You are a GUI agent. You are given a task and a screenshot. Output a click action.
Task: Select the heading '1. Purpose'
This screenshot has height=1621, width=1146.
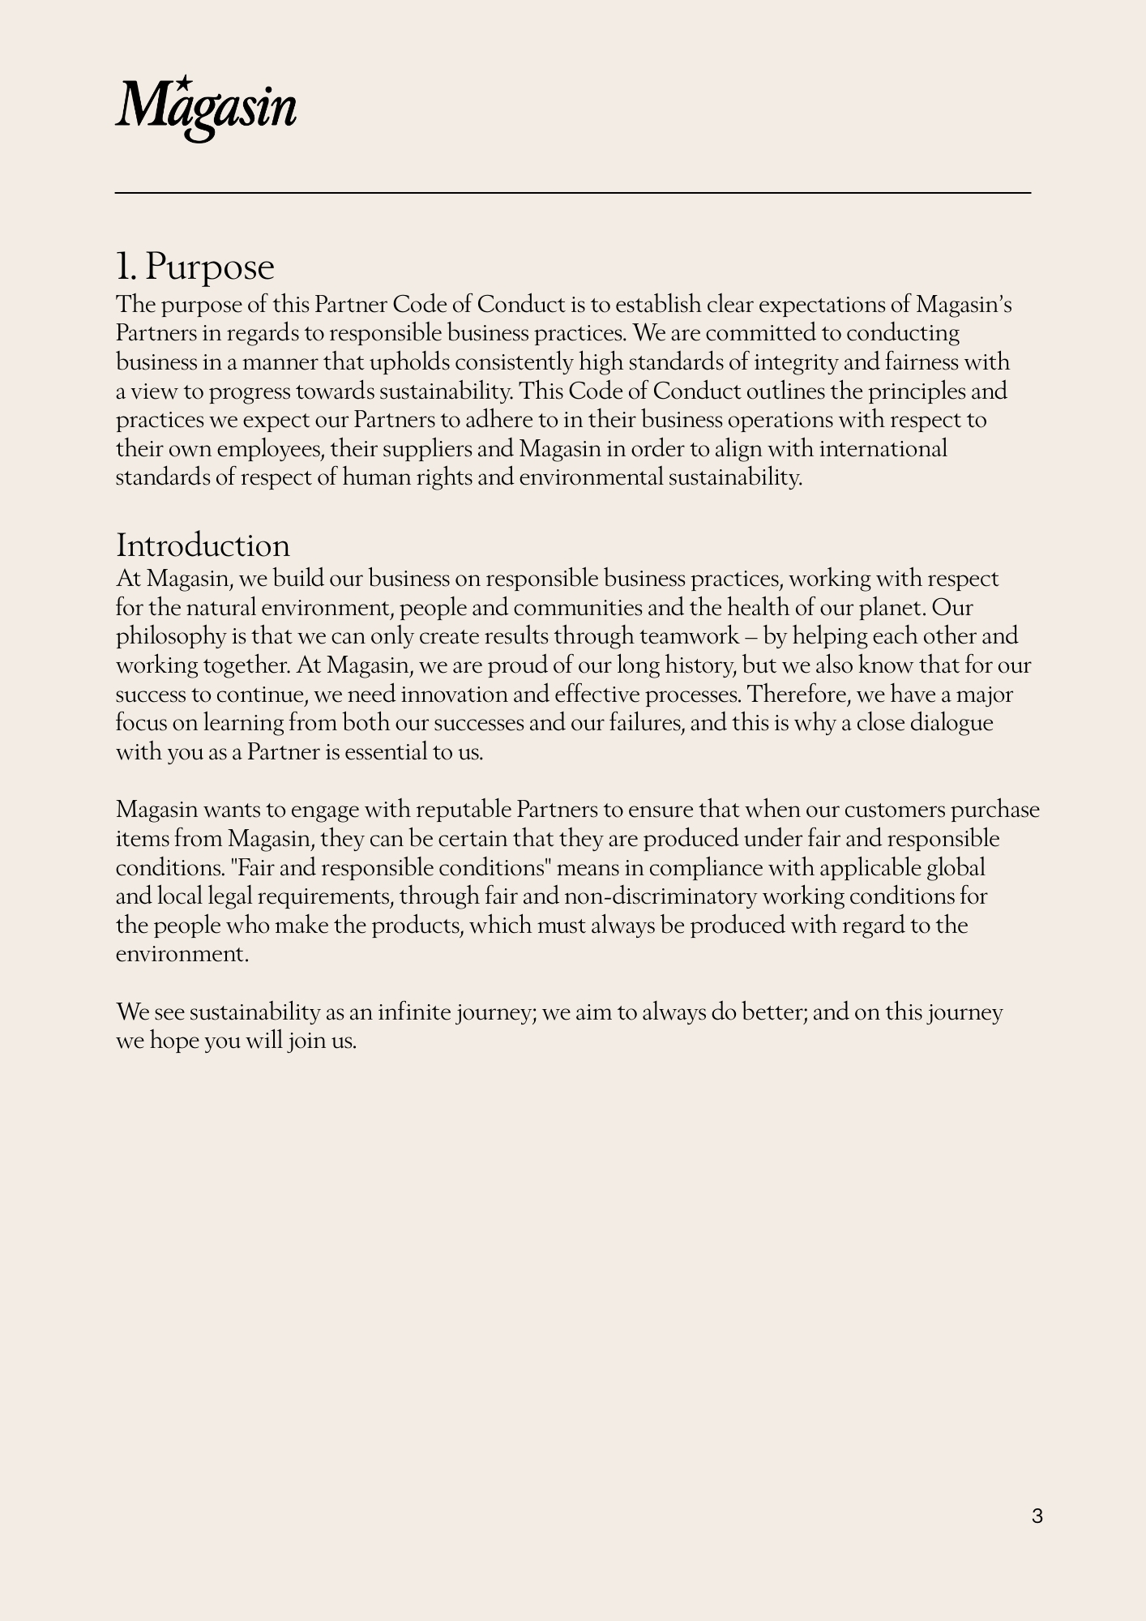pos(195,267)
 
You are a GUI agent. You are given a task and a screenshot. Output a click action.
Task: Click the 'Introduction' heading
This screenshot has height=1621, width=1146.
pos(203,545)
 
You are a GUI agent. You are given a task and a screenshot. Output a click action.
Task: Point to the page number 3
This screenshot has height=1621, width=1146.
pos(1037,1516)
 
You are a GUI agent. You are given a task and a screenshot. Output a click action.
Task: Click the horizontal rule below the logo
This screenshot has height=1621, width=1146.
pos(573,193)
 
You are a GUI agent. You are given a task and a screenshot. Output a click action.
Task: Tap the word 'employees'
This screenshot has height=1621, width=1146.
pos(270,449)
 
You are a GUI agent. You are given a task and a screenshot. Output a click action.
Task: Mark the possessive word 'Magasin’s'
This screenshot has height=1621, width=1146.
pos(964,305)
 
